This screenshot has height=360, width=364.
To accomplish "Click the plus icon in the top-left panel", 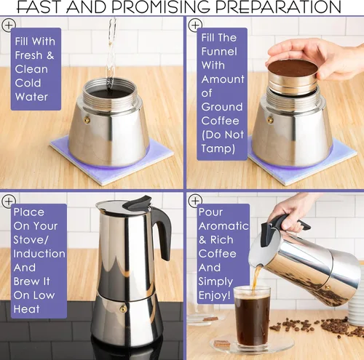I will click(9, 25).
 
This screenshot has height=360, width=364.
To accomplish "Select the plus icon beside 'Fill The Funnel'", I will click(194, 25).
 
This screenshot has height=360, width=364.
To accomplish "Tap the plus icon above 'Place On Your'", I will click(9, 199).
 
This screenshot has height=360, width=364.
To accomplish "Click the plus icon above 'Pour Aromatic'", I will click(194, 199).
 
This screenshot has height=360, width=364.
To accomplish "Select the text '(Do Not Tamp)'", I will click(218, 143).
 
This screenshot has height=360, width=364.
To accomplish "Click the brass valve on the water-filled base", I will click(87, 119).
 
